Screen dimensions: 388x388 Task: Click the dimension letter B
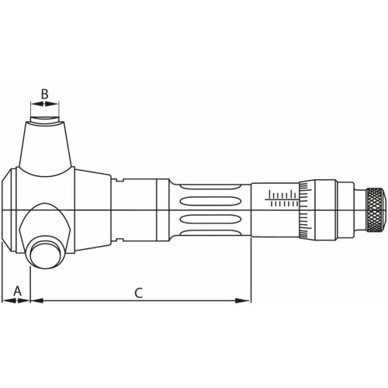point(45,95)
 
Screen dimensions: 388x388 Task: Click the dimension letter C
point(138,293)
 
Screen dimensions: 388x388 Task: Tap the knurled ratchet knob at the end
point(376,210)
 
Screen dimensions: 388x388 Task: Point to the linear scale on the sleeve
point(282,198)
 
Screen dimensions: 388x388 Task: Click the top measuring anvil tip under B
point(45,121)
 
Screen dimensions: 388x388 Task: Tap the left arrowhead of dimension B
point(32,105)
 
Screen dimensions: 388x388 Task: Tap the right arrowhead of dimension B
point(58,105)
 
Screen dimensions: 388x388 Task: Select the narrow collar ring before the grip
point(162,210)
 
